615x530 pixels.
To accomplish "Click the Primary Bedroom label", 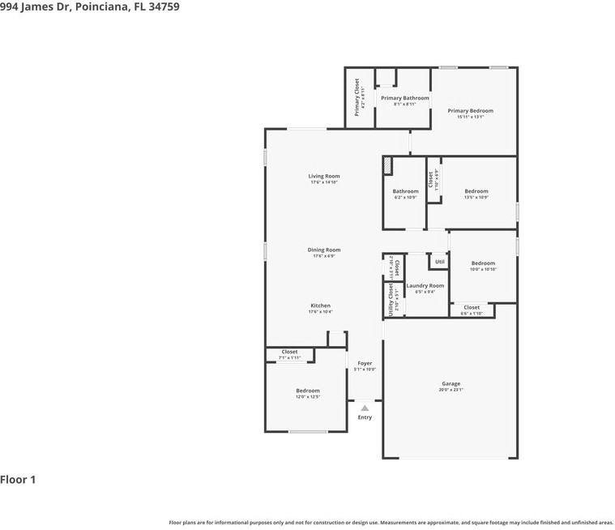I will (x=470, y=111).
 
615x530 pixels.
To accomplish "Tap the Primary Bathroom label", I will (x=405, y=98).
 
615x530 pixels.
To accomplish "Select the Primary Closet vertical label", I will (x=357, y=97).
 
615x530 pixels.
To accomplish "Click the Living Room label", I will (x=323, y=176).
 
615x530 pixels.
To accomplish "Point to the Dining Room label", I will (x=323, y=250).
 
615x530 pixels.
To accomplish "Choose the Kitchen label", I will (x=319, y=306).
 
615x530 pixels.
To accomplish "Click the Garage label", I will (x=451, y=384).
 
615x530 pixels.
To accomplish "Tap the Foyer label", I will (x=365, y=363).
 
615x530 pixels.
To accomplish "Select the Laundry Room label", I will (x=425, y=285).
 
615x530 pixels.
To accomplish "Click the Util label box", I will (x=439, y=262).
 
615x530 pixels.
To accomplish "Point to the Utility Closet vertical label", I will (x=391, y=299).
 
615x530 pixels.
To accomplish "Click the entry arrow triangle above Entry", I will (x=365, y=408).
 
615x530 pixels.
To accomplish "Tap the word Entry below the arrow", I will (x=365, y=417).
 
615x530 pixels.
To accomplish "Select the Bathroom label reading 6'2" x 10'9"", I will (x=405, y=191).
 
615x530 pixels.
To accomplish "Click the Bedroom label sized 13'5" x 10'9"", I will (x=476, y=191).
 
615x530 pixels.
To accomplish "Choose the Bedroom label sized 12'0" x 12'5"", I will (x=308, y=391).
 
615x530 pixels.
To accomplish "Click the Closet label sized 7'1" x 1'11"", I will (x=289, y=353).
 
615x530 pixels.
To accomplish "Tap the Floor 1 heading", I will (x=18, y=480).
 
